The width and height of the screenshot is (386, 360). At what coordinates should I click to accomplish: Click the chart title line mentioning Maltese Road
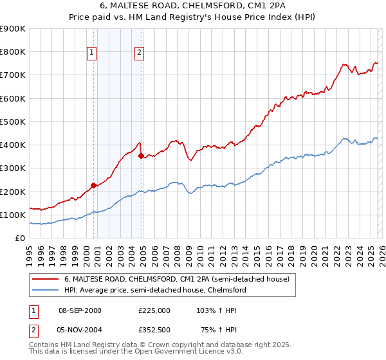193,6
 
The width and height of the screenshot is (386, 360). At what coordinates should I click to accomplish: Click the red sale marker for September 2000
93,185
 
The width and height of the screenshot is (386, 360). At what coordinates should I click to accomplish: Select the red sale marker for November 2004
141,156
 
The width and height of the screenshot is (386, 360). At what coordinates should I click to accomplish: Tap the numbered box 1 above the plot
93,53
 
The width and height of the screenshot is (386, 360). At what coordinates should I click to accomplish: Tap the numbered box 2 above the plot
140,53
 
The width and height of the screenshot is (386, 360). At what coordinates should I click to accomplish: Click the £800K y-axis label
13,52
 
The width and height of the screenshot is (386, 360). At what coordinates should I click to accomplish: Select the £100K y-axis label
13,215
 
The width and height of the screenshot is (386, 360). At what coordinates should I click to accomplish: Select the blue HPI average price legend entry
155,290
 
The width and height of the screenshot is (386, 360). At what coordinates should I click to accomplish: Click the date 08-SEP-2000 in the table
80,310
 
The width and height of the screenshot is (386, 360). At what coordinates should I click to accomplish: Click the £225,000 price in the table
154,310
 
